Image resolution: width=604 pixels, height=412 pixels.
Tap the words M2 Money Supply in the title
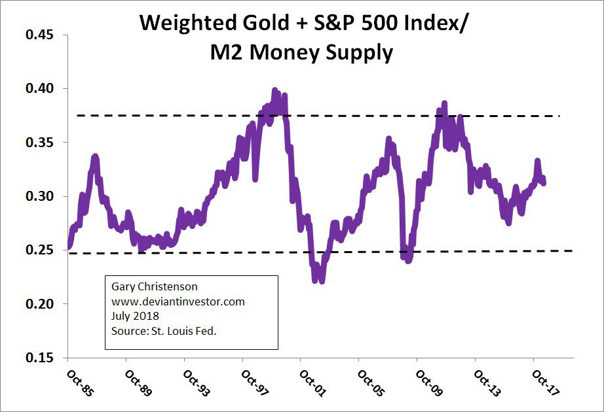coord(301,52)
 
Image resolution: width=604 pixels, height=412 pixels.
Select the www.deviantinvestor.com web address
coord(178,301)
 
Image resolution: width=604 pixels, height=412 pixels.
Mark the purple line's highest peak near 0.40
coord(274,91)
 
